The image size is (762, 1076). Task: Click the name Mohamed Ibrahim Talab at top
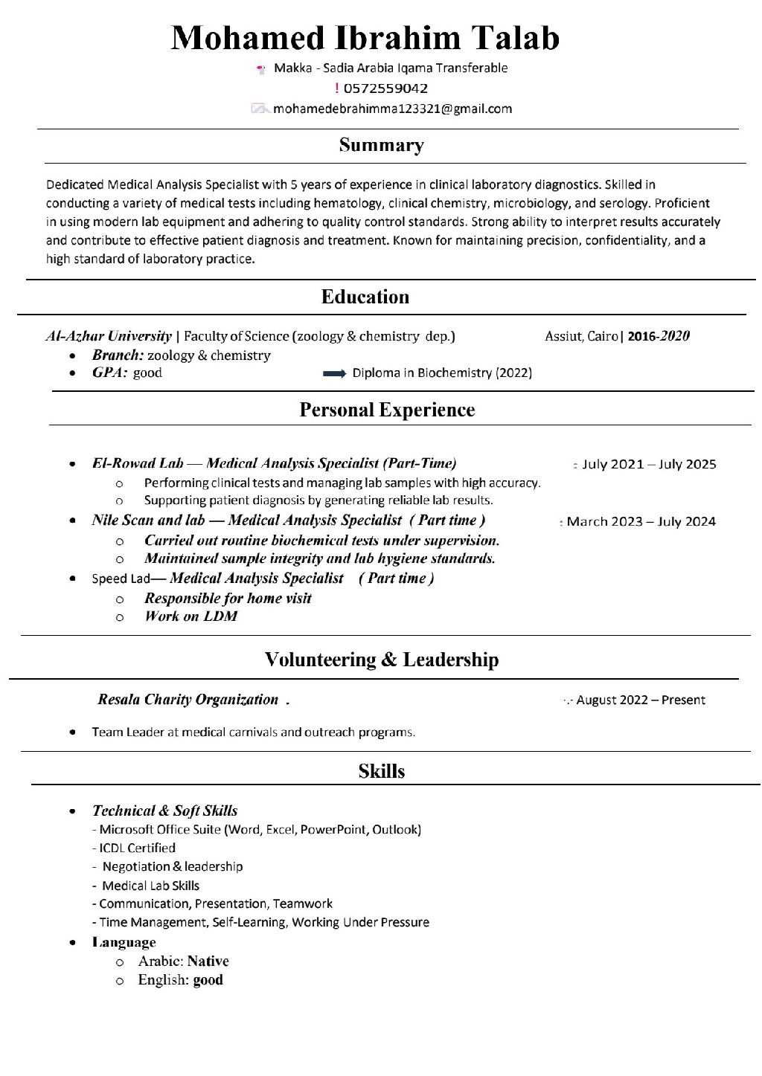(365, 38)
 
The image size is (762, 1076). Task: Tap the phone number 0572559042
(385, 88)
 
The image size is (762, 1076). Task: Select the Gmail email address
(392, 109)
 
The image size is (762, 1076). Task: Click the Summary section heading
(381, 145)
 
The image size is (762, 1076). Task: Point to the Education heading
(365, 297)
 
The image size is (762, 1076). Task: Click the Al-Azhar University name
(109, 336)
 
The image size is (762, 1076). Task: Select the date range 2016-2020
(659, 336)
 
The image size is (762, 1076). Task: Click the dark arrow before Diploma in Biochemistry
(334, 373)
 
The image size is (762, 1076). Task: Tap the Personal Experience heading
(387, 410)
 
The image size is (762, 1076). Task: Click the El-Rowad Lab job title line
(274, 463)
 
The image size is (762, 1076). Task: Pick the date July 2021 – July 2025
(649, 465)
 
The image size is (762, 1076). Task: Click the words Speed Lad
(121, 579)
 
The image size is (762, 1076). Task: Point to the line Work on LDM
(190, 616)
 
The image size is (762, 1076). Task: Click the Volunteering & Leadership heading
(382, 660)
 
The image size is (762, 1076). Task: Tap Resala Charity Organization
(188, 700)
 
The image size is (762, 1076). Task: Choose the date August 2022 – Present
(641, 700)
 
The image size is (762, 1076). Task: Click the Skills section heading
(381, 771)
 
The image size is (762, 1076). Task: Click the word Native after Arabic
(208, 961)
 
